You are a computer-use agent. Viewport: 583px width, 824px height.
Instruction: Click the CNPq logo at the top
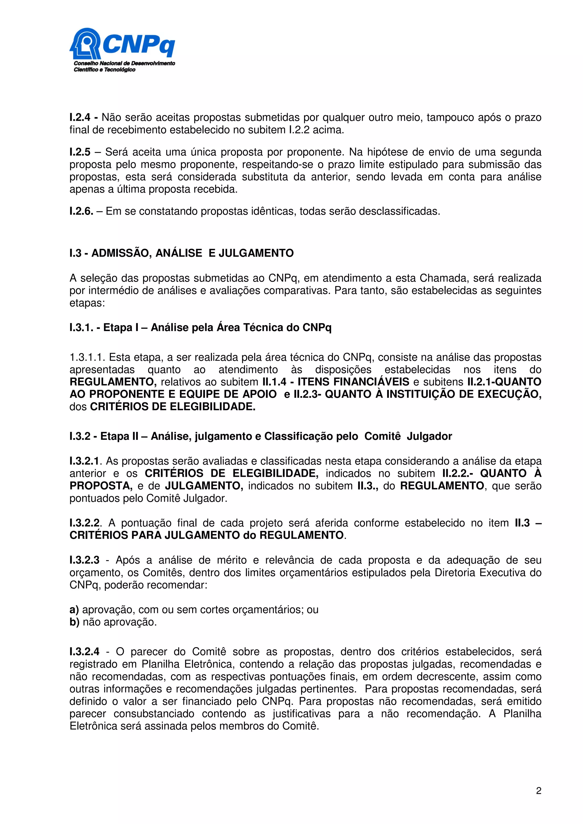click(122, 49)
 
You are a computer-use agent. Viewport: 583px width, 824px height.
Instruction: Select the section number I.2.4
click(80, 117)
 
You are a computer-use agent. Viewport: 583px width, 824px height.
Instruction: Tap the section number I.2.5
click(80, 152)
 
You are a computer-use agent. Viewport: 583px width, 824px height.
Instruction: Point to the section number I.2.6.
click(81, 211)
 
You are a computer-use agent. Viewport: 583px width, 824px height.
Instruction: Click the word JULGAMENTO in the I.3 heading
click(256, 253)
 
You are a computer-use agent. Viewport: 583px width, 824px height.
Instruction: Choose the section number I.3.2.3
click(85, 560)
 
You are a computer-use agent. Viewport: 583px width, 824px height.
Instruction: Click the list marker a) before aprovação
click(74, 610)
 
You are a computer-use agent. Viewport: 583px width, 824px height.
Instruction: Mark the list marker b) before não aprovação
click(74, 622)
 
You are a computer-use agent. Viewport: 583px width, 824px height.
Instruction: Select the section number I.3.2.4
click(85, 652)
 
